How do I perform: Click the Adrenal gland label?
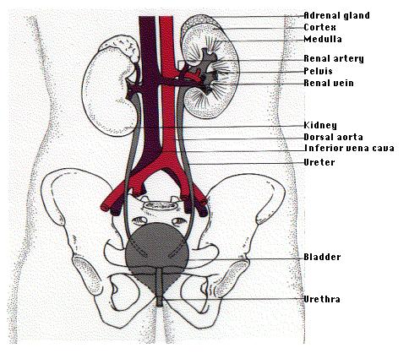tap(336, 15)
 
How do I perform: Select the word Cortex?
tap(319, 27)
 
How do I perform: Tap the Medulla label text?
tap(323, 39)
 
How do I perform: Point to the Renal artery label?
tap(334, 58)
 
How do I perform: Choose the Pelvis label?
tap(318, 71)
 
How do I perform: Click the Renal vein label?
tap(329, 83)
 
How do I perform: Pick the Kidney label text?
tap(320, 125)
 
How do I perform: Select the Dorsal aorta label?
tap(333, 137)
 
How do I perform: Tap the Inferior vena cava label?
tap(349, 148)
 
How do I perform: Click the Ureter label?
tap(319, 162)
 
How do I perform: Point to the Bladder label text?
tap(322, 257)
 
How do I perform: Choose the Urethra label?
tap(322, 299)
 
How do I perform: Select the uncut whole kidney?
tap(108, 90)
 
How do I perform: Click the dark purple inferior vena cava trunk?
tap(150, 84)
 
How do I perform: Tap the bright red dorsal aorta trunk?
tap(167, 84)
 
